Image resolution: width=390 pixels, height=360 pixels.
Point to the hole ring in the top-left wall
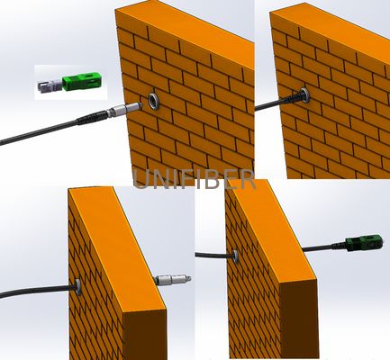[x=157, y=99]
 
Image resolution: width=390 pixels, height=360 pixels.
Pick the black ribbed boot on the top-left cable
[x=90, y=119]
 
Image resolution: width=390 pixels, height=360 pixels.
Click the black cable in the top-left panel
[x=36, y=133]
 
